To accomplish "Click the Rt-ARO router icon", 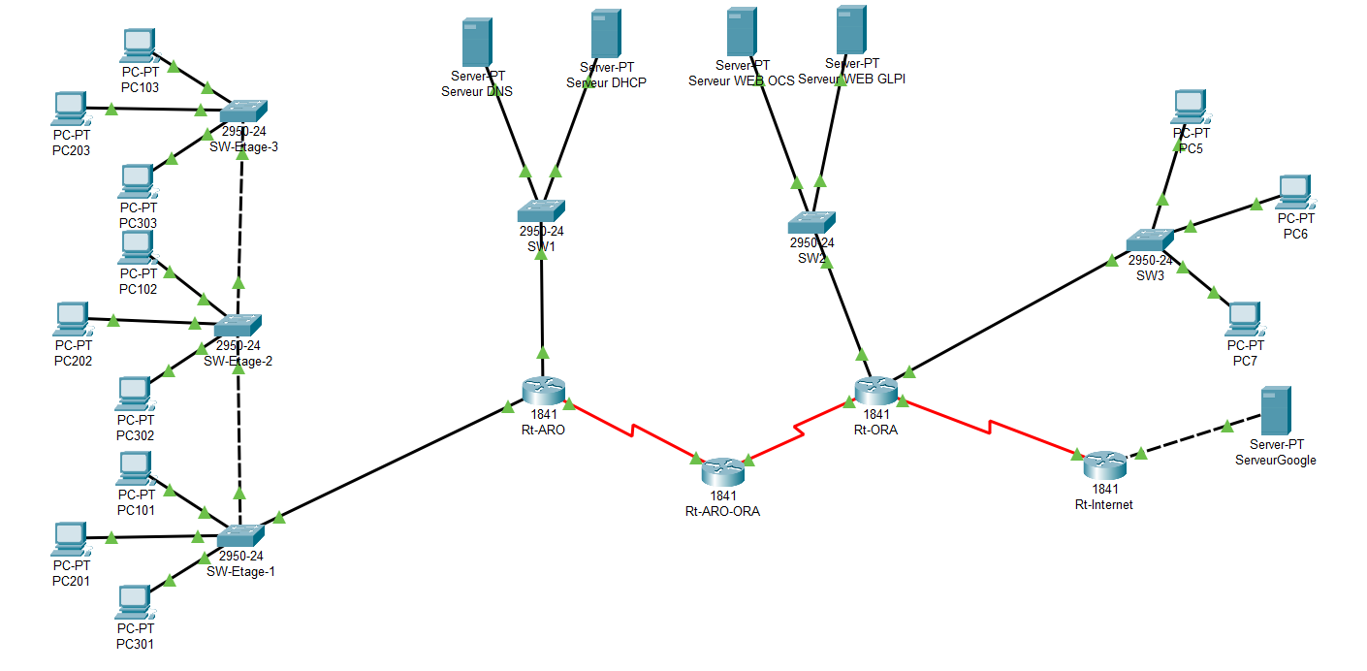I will (543, 391).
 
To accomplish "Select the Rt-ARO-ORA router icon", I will (722, 472).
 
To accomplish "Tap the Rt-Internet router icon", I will (1104, 465).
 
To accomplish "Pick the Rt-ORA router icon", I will (875, 391).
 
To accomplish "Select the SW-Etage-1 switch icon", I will (240, 535).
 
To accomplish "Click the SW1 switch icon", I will (540, 211).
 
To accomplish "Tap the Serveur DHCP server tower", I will (606, 35).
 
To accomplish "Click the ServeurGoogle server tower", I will (1275, 411).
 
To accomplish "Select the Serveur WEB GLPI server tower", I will (851, 31).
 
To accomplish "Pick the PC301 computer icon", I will (134, 603).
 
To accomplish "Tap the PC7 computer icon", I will (1244, 318).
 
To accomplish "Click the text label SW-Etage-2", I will (238, 361).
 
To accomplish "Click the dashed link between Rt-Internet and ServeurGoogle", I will (1186, 439).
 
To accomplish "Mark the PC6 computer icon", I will (1294, 192).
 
